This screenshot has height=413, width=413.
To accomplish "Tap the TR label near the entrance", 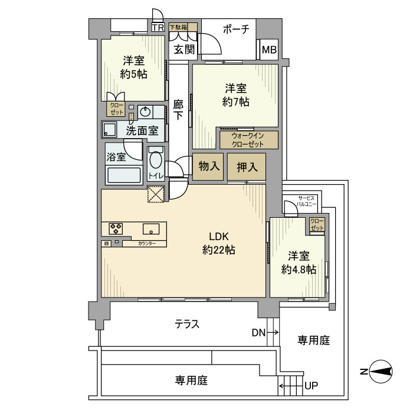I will [x=157, y=27].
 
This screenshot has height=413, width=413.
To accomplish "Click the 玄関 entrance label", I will [x=183, y=50].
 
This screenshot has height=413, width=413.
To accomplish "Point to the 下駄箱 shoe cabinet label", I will [x=178, y=27].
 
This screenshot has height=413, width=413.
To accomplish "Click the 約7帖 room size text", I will [x=235, y=102].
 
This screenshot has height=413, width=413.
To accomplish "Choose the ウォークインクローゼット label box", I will [x=247, y=140].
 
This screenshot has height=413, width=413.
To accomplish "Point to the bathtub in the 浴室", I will [x=123, y=175].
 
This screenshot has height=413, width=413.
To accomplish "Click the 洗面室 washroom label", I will [x=142, y=130].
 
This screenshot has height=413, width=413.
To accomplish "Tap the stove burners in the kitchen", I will [x=114, y=228].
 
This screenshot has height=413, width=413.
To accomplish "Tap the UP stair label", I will [x=310, y=387].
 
